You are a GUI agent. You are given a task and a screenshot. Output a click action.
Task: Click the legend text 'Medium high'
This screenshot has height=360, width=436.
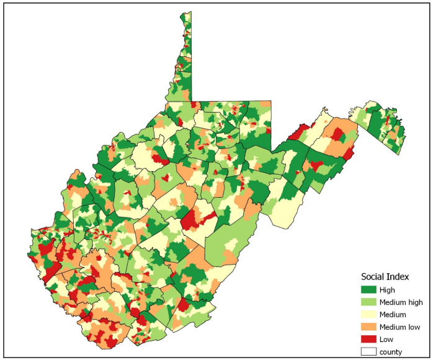coord(403,302)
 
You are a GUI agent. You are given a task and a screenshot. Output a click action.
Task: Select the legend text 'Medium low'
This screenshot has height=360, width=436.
coord(401,327)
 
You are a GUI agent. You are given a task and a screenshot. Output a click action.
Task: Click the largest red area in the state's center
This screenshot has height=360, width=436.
coord(194,219)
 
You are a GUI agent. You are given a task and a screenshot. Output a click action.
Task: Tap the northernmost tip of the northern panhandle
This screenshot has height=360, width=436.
coord(184,12)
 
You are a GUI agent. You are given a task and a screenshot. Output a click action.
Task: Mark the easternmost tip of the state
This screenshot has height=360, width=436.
coord(406,132)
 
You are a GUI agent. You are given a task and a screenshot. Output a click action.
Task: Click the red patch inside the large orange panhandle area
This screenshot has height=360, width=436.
coord(337,133)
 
